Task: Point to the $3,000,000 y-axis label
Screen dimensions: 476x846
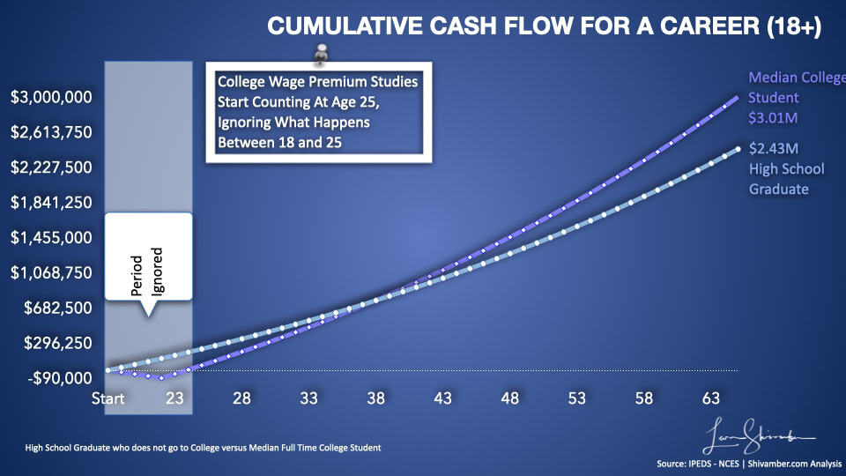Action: (51, 97)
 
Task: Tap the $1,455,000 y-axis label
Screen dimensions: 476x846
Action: (51, 237)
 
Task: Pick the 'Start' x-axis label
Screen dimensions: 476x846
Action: (108, 398)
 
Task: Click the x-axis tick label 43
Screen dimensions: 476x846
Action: (442, 398)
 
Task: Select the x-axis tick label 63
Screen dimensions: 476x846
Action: (710, 398)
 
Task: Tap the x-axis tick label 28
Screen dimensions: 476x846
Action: (241, 398)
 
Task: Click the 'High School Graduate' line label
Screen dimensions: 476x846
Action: (786, 179)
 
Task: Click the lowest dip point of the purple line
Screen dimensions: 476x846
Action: (161, 376)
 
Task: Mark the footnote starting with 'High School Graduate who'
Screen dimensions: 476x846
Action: (203, 448)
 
